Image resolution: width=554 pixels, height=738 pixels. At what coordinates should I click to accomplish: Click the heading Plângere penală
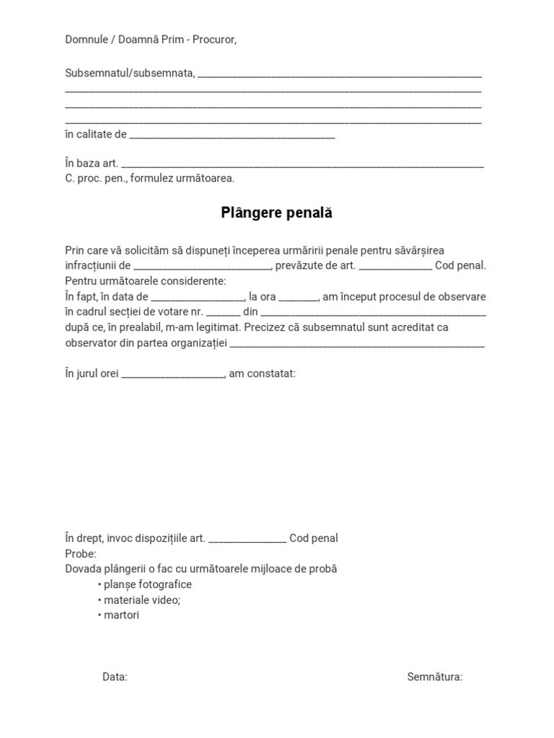click(x=276, y=213)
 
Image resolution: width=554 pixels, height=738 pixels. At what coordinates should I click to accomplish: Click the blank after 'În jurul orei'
click(x=173, y=375)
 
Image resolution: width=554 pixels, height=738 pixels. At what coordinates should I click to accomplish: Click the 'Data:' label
click(x=115, y=677)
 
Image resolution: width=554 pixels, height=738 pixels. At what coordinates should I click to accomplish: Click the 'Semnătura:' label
click(x=434, y=677)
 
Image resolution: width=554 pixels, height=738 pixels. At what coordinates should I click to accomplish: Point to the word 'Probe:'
click(x=80, y=553)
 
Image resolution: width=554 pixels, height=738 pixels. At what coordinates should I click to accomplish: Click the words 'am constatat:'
click(x=262, y=374)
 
